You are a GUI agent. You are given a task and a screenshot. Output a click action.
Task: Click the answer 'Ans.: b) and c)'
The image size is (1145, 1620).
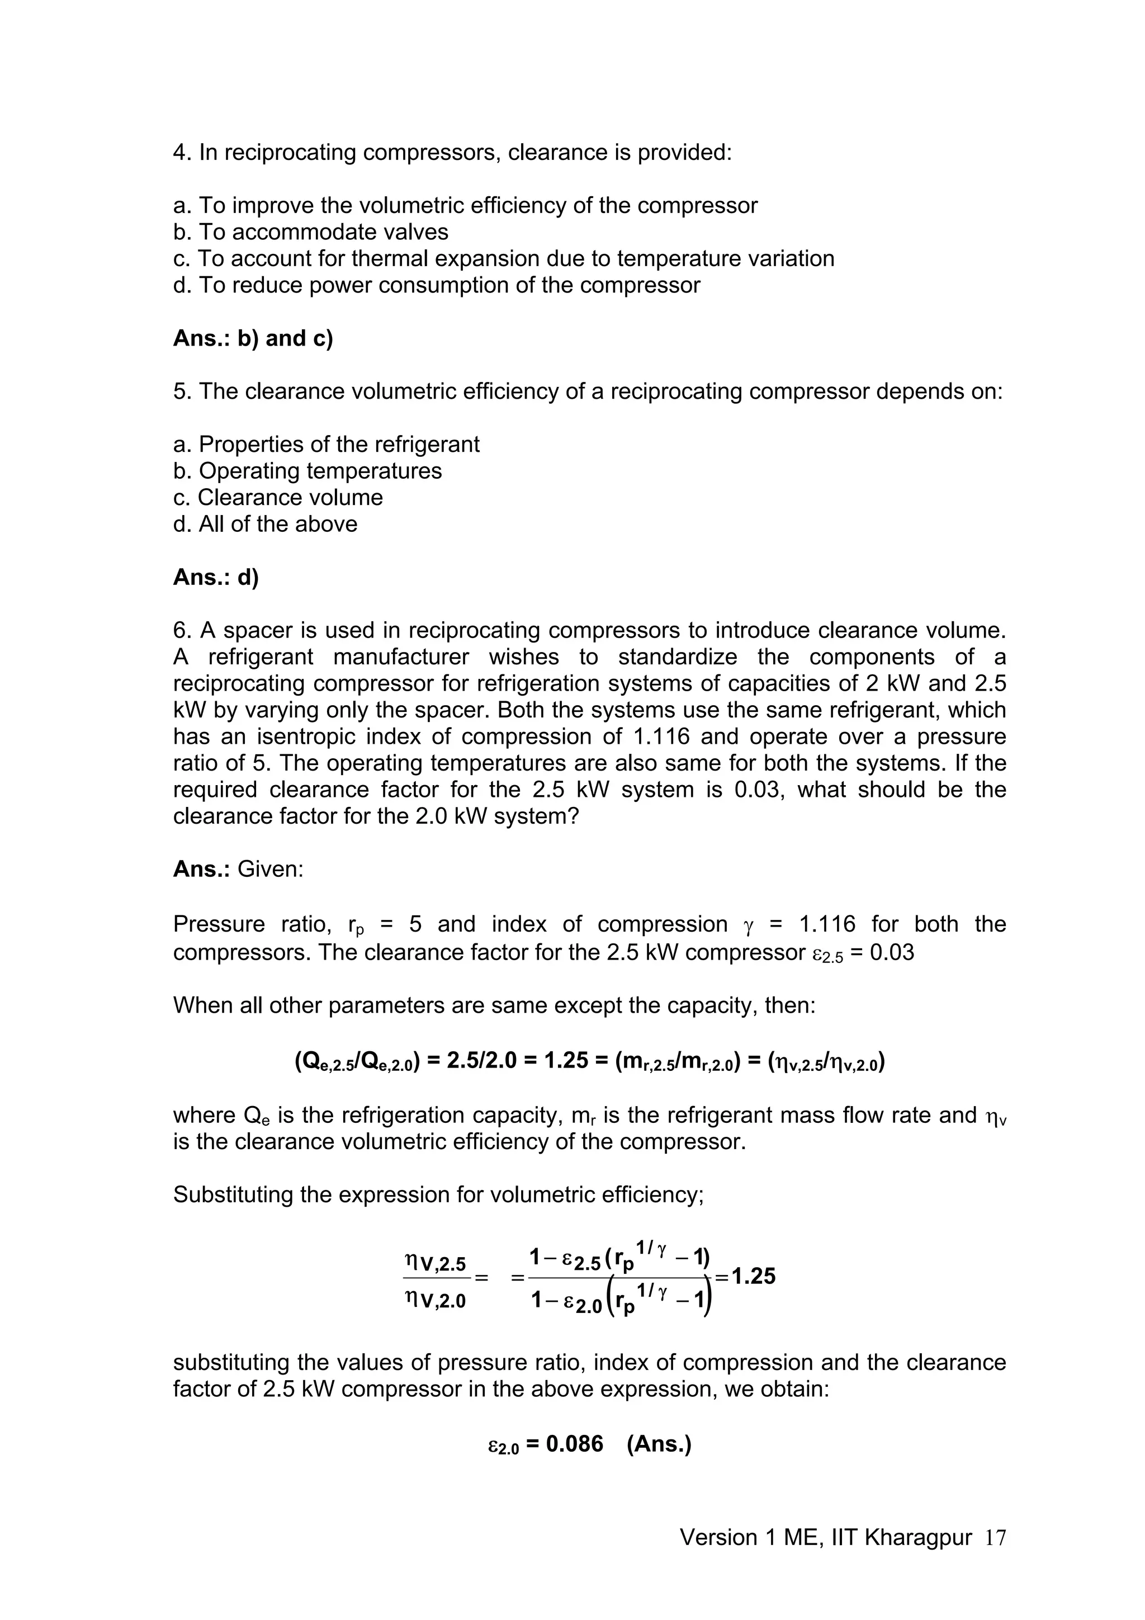tap(253, 339)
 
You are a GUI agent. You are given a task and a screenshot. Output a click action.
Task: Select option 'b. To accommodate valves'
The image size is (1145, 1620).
tap(310, 232)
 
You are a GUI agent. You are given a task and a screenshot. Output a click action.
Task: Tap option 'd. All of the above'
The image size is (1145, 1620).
tap(265, 524)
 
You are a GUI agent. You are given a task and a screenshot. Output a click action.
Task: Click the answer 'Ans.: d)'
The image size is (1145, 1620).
tap(216, 577)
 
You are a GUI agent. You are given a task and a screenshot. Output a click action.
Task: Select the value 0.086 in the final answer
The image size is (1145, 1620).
tap(574, 1444)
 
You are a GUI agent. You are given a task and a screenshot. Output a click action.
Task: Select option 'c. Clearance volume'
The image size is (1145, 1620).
tap(278, 498)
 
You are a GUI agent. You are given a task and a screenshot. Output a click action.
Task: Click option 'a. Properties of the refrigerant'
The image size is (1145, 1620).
tap(326, 445)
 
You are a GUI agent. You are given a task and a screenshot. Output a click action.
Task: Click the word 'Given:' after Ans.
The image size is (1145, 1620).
tap(270, 869)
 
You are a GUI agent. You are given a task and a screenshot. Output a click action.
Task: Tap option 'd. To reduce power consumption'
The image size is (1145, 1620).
tap(436, 285)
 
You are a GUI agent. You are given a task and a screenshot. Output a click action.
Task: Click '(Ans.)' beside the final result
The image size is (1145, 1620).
tap(659, 1444)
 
